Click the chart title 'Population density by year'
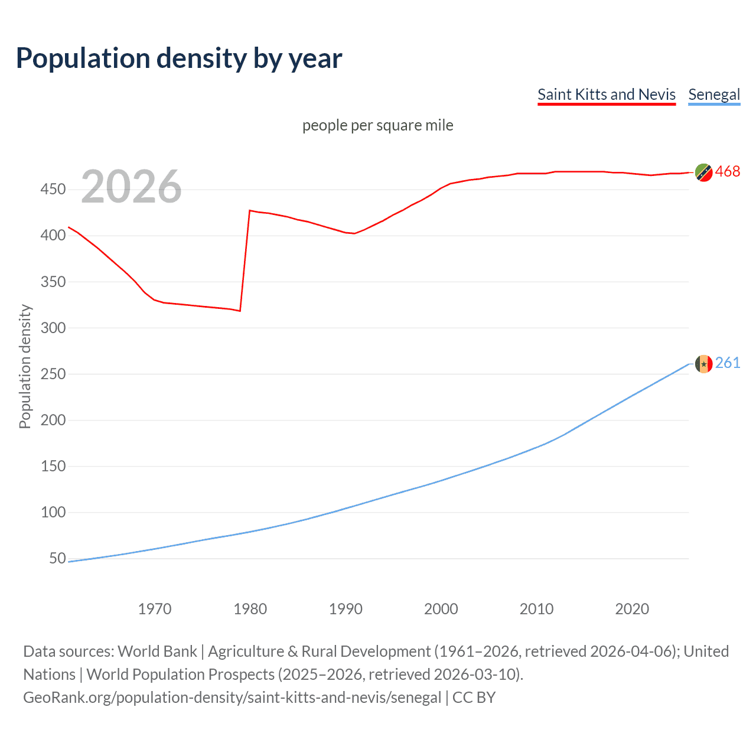pos(179,58)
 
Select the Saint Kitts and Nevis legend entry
pos(606,94)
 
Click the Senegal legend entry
pos(714,94)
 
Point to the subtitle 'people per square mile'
pos(377,125)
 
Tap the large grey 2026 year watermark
pos(131,187)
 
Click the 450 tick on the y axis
pos(53,190)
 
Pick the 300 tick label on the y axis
pos(53,328)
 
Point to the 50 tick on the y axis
pos(57,558)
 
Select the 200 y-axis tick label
pos(53,420)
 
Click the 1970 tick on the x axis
pos(155,609)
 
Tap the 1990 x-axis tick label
pos(346,609)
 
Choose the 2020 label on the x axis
pos(632,609)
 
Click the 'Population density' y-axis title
pos(25,366)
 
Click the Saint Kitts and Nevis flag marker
pos(703,172)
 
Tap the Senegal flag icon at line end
pos(703,364)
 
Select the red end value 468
pos(728,171)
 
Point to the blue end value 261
pos(728,363)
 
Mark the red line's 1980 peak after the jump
pos(250,210)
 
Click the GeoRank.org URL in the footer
pos(232,698)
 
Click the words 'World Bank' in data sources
pos(157,651)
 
